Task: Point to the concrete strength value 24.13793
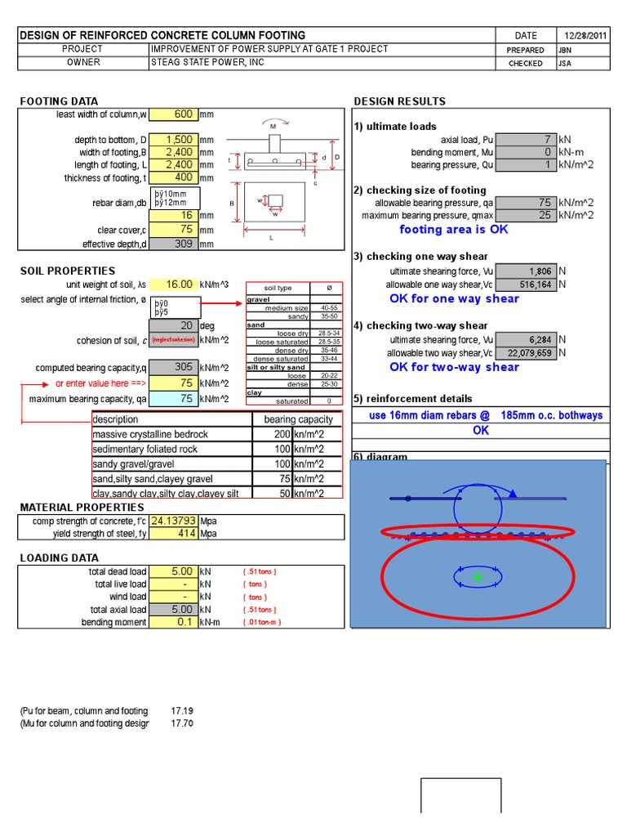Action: coord(174,521)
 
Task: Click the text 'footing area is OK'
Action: coord(453,230)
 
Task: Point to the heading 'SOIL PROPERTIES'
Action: coord(68,271)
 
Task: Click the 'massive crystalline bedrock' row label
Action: coord(150,434)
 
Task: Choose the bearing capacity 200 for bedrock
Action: coord(282,434)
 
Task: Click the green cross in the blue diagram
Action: coord(478,577)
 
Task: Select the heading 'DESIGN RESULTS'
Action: coord(399,101)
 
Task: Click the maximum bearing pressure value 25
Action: coord(526,215)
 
